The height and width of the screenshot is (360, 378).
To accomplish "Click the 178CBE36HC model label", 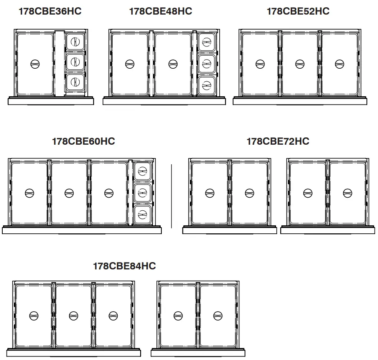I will click(x=50, y=11).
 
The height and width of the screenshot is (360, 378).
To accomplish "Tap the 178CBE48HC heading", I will click(x=161, y=11).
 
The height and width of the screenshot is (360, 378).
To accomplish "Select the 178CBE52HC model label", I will click(x=298, y=11).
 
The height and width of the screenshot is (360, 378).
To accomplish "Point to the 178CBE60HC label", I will click(x=83, y=141).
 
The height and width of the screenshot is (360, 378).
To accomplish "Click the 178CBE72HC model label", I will click(x=278, y=141).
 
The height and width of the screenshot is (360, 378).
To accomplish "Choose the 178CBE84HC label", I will click(x=124, y=266).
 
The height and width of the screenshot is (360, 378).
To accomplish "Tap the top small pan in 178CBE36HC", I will click(x=75, y=41).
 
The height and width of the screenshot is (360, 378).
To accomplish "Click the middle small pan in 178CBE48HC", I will click(x=207, y=62).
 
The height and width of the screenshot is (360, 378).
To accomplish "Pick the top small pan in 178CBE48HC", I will click(x=207, y=41).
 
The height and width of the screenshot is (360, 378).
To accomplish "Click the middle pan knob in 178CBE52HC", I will click(x=300, y=64).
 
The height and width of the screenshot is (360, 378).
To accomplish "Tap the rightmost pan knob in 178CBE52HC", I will click(x=339, y=64).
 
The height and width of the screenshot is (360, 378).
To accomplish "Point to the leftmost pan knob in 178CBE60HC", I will click(x=29, y=193).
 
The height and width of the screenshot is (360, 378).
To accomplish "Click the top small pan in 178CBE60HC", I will click(x=142, y=170).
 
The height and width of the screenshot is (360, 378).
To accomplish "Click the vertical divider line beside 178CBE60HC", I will click(x=171, y=196).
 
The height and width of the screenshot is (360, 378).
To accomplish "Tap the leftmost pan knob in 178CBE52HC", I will click(x=260, y=64).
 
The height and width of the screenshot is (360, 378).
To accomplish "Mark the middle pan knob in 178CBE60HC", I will click(x=69, y=193).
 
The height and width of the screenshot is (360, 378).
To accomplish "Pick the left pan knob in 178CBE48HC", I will click(x=130, y=64).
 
